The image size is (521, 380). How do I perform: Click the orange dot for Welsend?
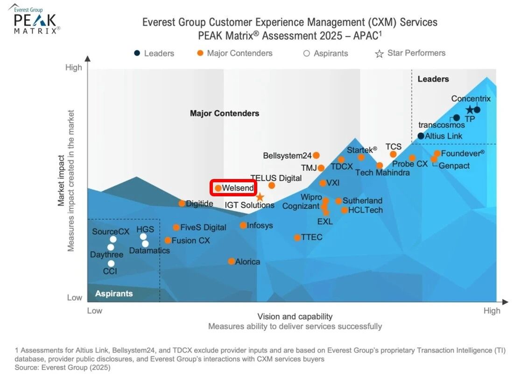click(218, 188)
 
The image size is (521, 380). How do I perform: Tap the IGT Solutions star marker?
click(260, 198)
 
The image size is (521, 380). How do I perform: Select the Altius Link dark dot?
click(421, 136)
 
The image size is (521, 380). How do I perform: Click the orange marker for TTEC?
click(297, 237)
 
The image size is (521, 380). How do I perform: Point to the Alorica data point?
click(231, 261)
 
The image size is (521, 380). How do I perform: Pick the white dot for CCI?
click(111, 264)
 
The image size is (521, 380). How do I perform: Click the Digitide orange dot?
click(182, 203)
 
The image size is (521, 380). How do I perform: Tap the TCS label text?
click(393, 147)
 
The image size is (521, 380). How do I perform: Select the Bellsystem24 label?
click(287, 156)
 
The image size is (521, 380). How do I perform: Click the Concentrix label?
click(471, 99)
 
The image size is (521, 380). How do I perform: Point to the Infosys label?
click(260, 225)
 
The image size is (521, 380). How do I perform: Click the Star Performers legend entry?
click(410, 53)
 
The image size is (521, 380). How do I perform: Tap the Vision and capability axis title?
click(295, 316)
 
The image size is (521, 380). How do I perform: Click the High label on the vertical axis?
click(74, 67)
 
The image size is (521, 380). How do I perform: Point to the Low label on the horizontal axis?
click(94, 311)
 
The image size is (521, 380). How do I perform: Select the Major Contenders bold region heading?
click(224, 113)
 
